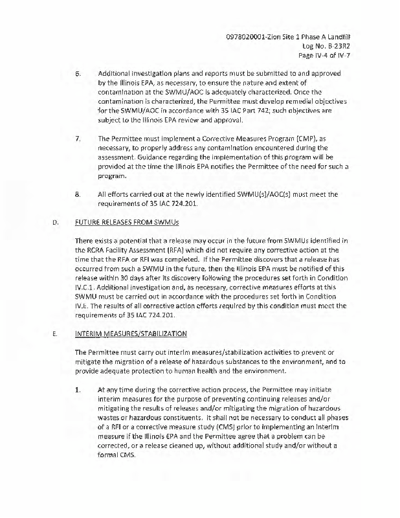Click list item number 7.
[x=78, y=139]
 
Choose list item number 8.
[x=78, y=194]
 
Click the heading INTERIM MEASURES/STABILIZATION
[x=131, y=334]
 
